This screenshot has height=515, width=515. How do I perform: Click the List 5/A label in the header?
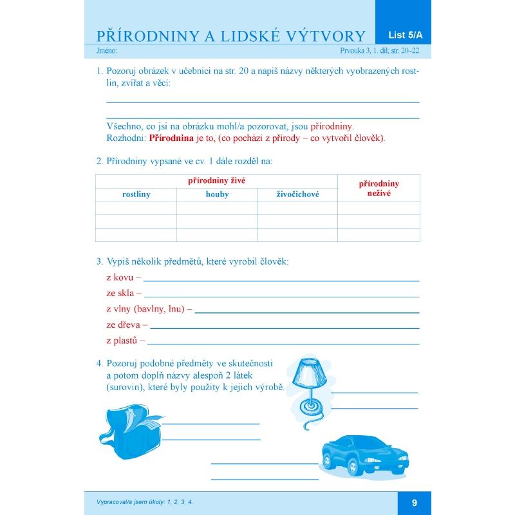402,35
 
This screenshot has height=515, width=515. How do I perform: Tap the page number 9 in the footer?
415,503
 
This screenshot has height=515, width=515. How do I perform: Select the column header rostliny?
136,194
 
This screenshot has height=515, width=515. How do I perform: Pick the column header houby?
217,194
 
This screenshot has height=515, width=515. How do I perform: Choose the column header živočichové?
297,194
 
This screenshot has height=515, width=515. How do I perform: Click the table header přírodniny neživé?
379,188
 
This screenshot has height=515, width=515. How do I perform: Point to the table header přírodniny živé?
216,181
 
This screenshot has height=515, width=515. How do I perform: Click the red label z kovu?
120,277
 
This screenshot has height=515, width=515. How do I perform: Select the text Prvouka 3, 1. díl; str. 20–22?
380,50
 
